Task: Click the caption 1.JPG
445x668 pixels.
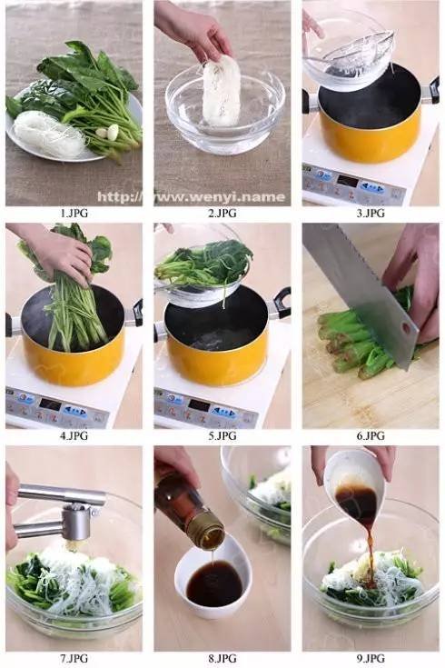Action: (x=74, y=213)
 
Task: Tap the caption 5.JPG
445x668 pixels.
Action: (x=222, y=435)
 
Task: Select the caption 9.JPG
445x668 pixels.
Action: (x=371, y=658)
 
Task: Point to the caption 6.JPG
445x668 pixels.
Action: (x=371, y=435)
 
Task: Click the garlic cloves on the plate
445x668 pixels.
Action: (x=108, y=132)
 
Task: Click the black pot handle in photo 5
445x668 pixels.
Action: (x=282, y=302)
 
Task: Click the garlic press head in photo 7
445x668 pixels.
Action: (x=76, y=523)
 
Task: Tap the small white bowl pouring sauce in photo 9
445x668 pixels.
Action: (x=354, y=481)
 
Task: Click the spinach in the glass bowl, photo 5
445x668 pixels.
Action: (x=203, y=263)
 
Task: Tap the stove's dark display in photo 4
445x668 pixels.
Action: (x=50, y=404)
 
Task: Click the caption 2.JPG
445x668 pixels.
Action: (x=222, y=213)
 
